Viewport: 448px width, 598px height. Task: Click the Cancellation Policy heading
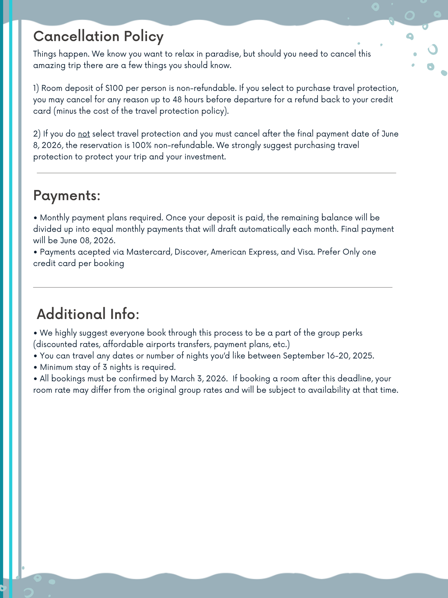click(x=98, y=37)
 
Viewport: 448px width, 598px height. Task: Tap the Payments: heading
click(x=67, y=195)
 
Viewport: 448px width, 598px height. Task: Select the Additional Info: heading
click(x=88, y=314)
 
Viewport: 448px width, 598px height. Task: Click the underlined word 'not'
click(x=84, y=134)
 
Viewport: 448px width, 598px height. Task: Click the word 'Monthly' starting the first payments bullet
click(x=55, y=218)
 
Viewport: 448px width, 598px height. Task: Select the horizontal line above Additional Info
click(x=213, y=287)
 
